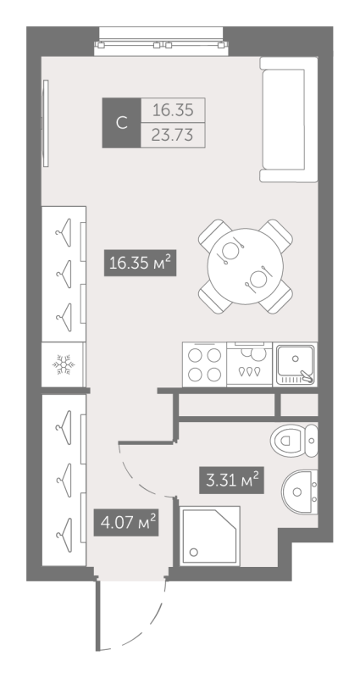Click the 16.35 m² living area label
pos(141,264)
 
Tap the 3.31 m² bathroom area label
pos(229,481)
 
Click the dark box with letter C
pos(121,123)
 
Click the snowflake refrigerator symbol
pos(63,364)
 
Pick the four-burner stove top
pos(203,365)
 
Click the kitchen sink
pos(295,364)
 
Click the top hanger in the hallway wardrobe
pos(63,420)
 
